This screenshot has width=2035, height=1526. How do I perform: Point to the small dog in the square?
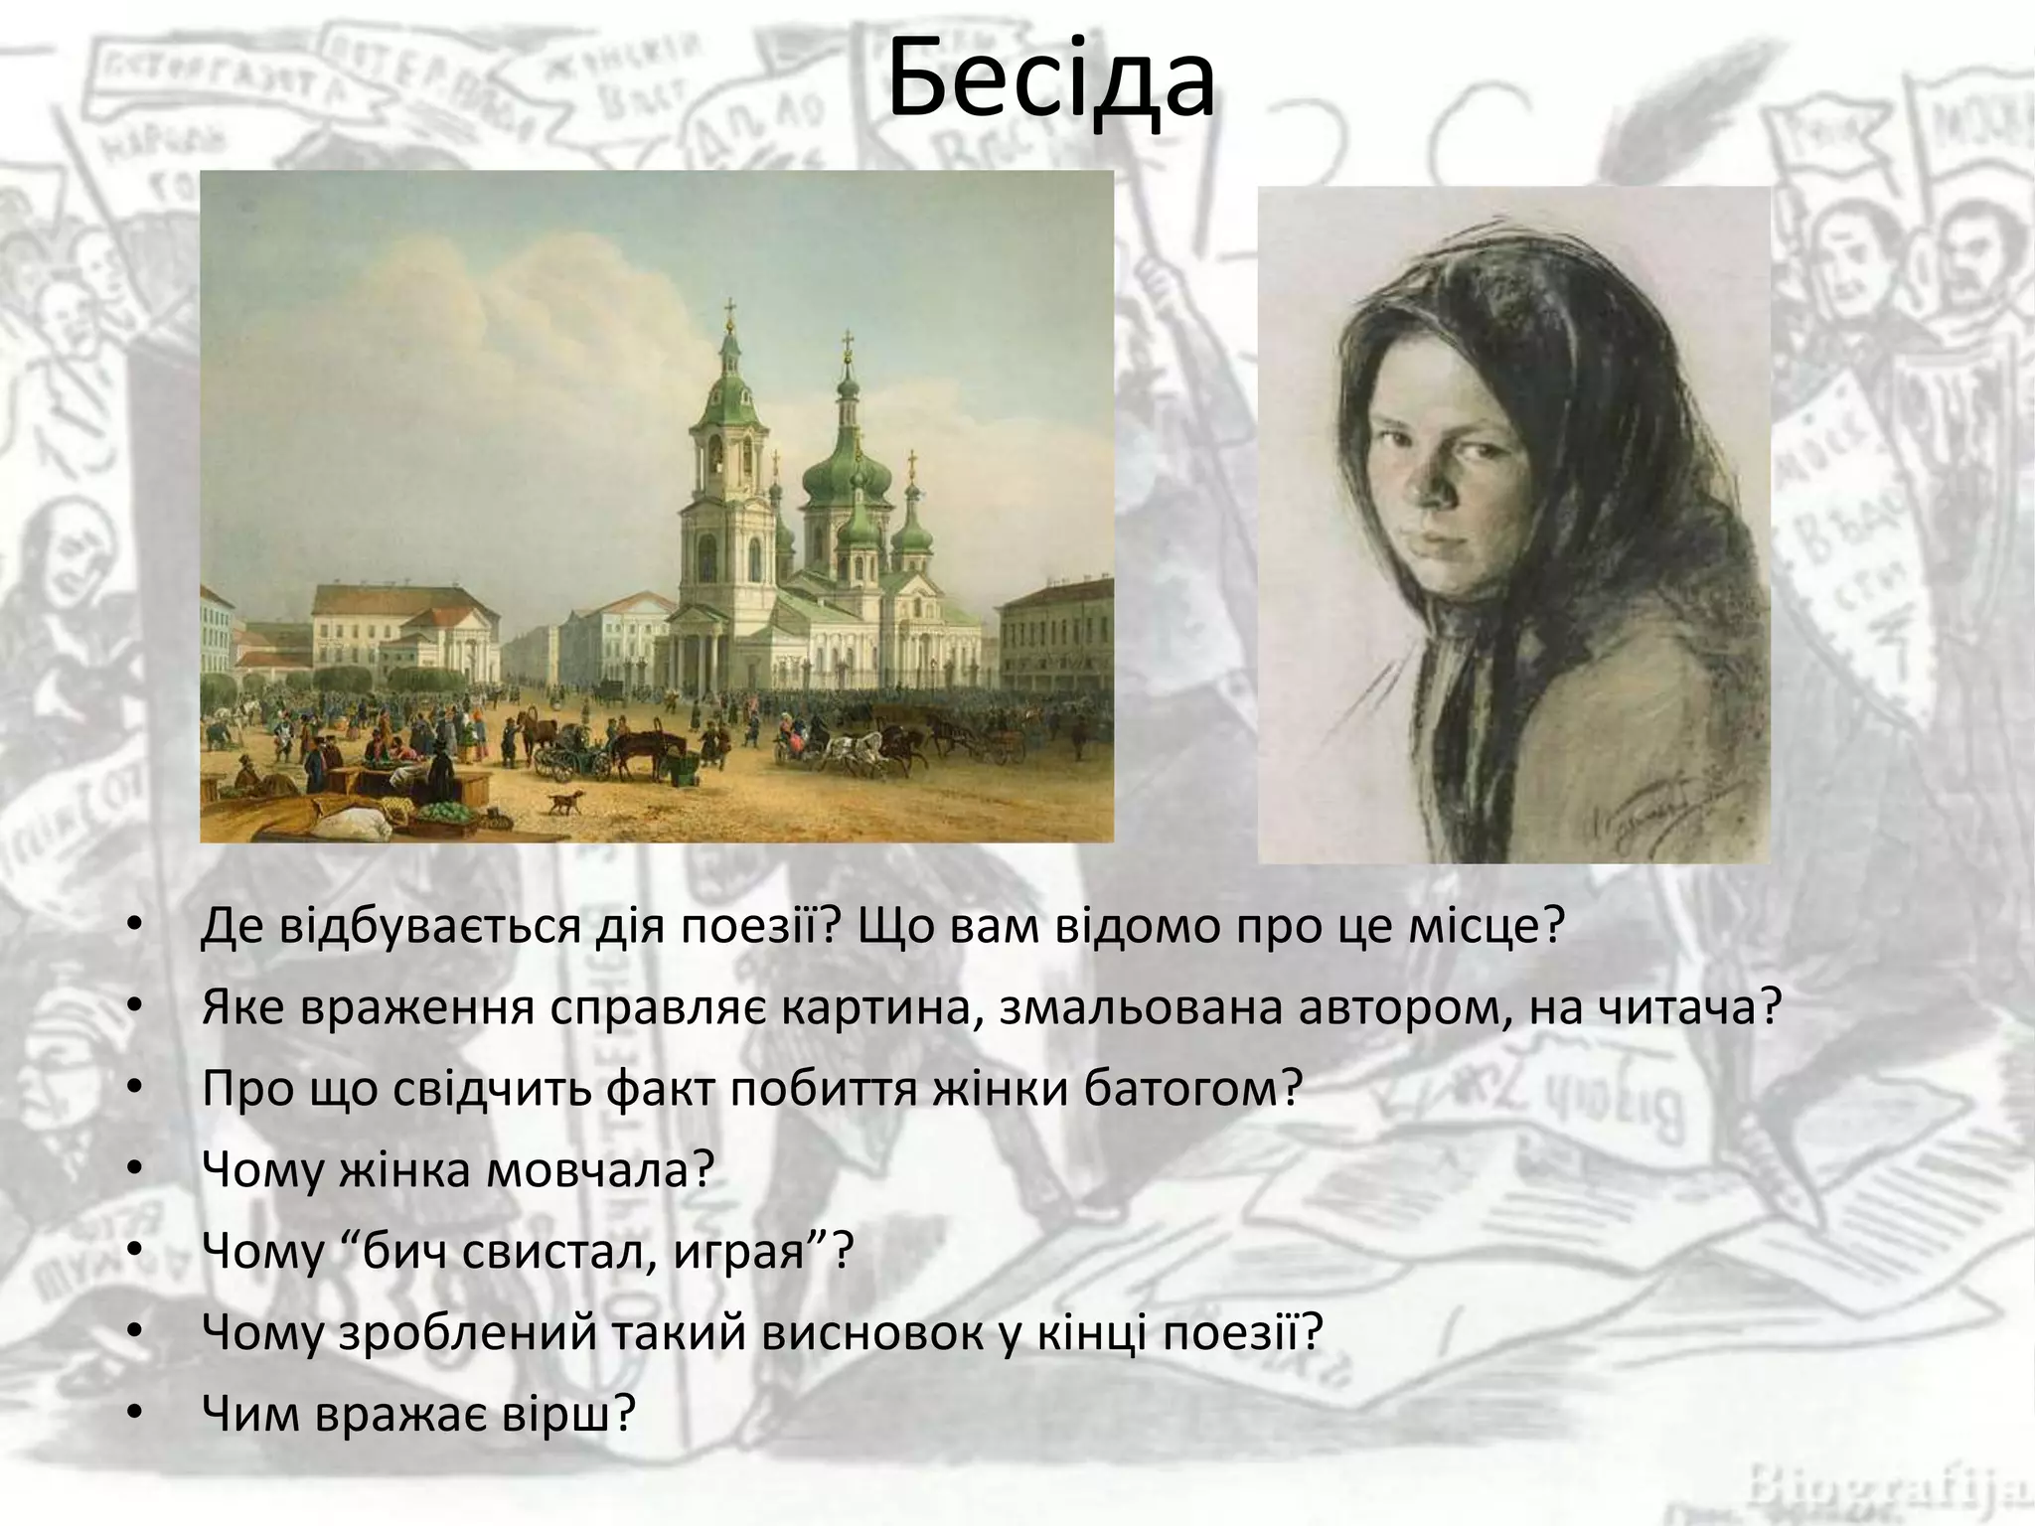click(x=564, y=801)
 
